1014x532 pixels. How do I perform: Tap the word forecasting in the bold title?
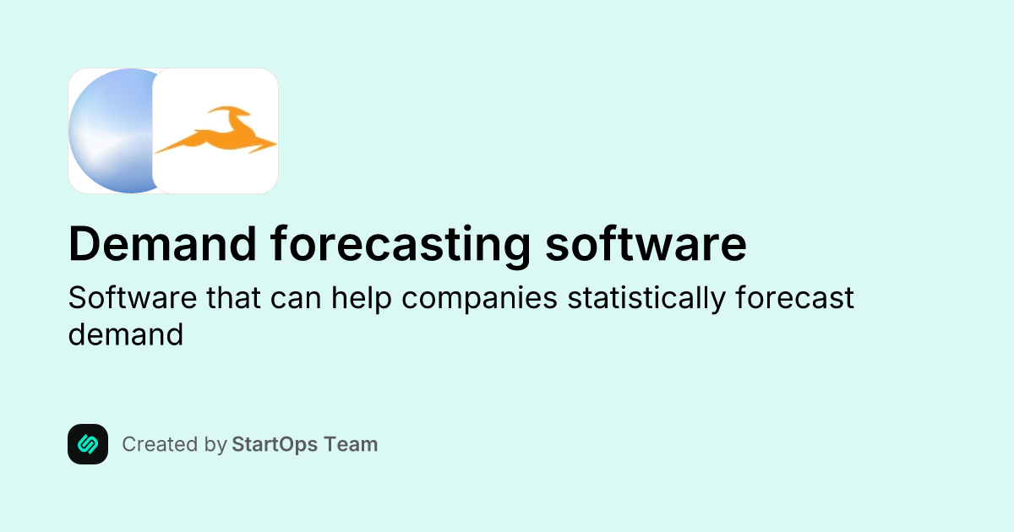pos(401,245)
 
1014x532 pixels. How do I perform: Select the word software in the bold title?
pos(646,245)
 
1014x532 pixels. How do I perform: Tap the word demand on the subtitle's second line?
pos(125,334)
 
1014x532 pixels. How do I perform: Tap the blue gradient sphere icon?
pos(110,131)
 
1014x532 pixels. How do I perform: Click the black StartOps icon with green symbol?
pos(88,444)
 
